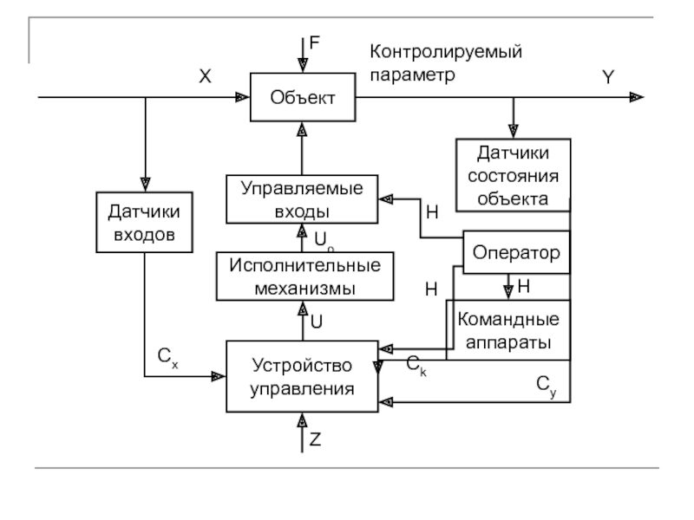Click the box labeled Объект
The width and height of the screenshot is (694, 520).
pyautogui.click(x=303, y=97)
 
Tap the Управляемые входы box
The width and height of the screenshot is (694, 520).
pyautogui.click(x=302, y=198)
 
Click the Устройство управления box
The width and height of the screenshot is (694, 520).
pyautogui.click(x=303, y=376)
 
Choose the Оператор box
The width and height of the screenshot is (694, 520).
pyautogui.click(x=516, y=253)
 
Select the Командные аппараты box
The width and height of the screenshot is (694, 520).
pyautogui.click(x=508, y=330)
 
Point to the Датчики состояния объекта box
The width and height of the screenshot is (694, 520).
pyautogui.click(x=514, y=176)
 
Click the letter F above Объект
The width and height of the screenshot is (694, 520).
pyautogui.click(x=315, y=42)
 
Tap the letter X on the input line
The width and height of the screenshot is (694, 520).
pyautogui.click(x=205, y=77)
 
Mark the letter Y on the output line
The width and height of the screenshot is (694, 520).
pyautogui.click(x=608, y=77)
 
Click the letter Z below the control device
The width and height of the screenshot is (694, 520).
pyautogui.click(x=315, y=439)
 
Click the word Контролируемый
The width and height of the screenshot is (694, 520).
pyautogui.click(x=446, y=54)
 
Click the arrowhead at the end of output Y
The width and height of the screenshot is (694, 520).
pyautogui.click(x=638, y=97)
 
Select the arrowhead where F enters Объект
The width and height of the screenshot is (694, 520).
pyautogui.click(x=303, y=65)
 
